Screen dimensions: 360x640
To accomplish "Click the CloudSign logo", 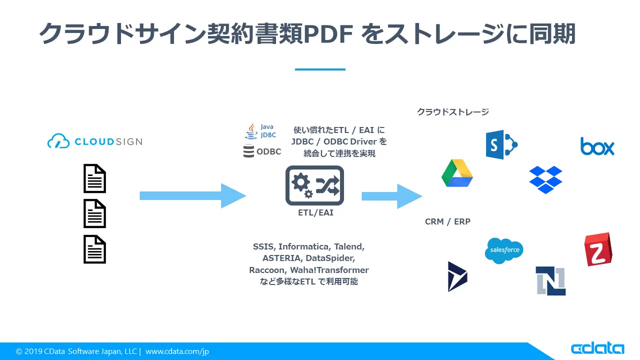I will click(x=94, y=141).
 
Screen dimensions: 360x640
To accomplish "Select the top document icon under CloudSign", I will click(x=94, y=178).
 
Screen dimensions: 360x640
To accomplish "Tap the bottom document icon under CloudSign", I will click(x=94, y=249).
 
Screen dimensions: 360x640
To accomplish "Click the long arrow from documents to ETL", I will click(x=192, y=195).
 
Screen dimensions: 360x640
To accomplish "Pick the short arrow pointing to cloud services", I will click(x=391, y=196).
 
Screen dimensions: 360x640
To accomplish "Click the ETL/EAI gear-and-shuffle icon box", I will click(x=314, y=185).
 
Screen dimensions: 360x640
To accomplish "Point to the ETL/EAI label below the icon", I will click(x=314, y=213).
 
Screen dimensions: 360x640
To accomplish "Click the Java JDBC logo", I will click(x=259, y=131).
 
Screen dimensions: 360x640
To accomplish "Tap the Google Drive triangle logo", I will click(x=457, y=173).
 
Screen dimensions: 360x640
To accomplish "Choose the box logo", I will click(x=597, y=146).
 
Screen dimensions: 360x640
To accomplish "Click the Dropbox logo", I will click(x=545, y=179).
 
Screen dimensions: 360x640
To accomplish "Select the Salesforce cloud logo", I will click(x=504, y=250).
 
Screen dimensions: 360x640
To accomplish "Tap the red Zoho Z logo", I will click(x=598, y=249).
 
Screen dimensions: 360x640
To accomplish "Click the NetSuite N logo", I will click(x=550, y=281).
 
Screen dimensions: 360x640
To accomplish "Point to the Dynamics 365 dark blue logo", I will click(x=457, y=276).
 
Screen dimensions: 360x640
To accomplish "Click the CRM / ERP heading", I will click(x=447, y=221).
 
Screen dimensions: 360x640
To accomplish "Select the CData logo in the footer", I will click(x=597, y=349).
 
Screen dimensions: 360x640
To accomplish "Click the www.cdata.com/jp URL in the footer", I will click(x=177, y=351).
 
